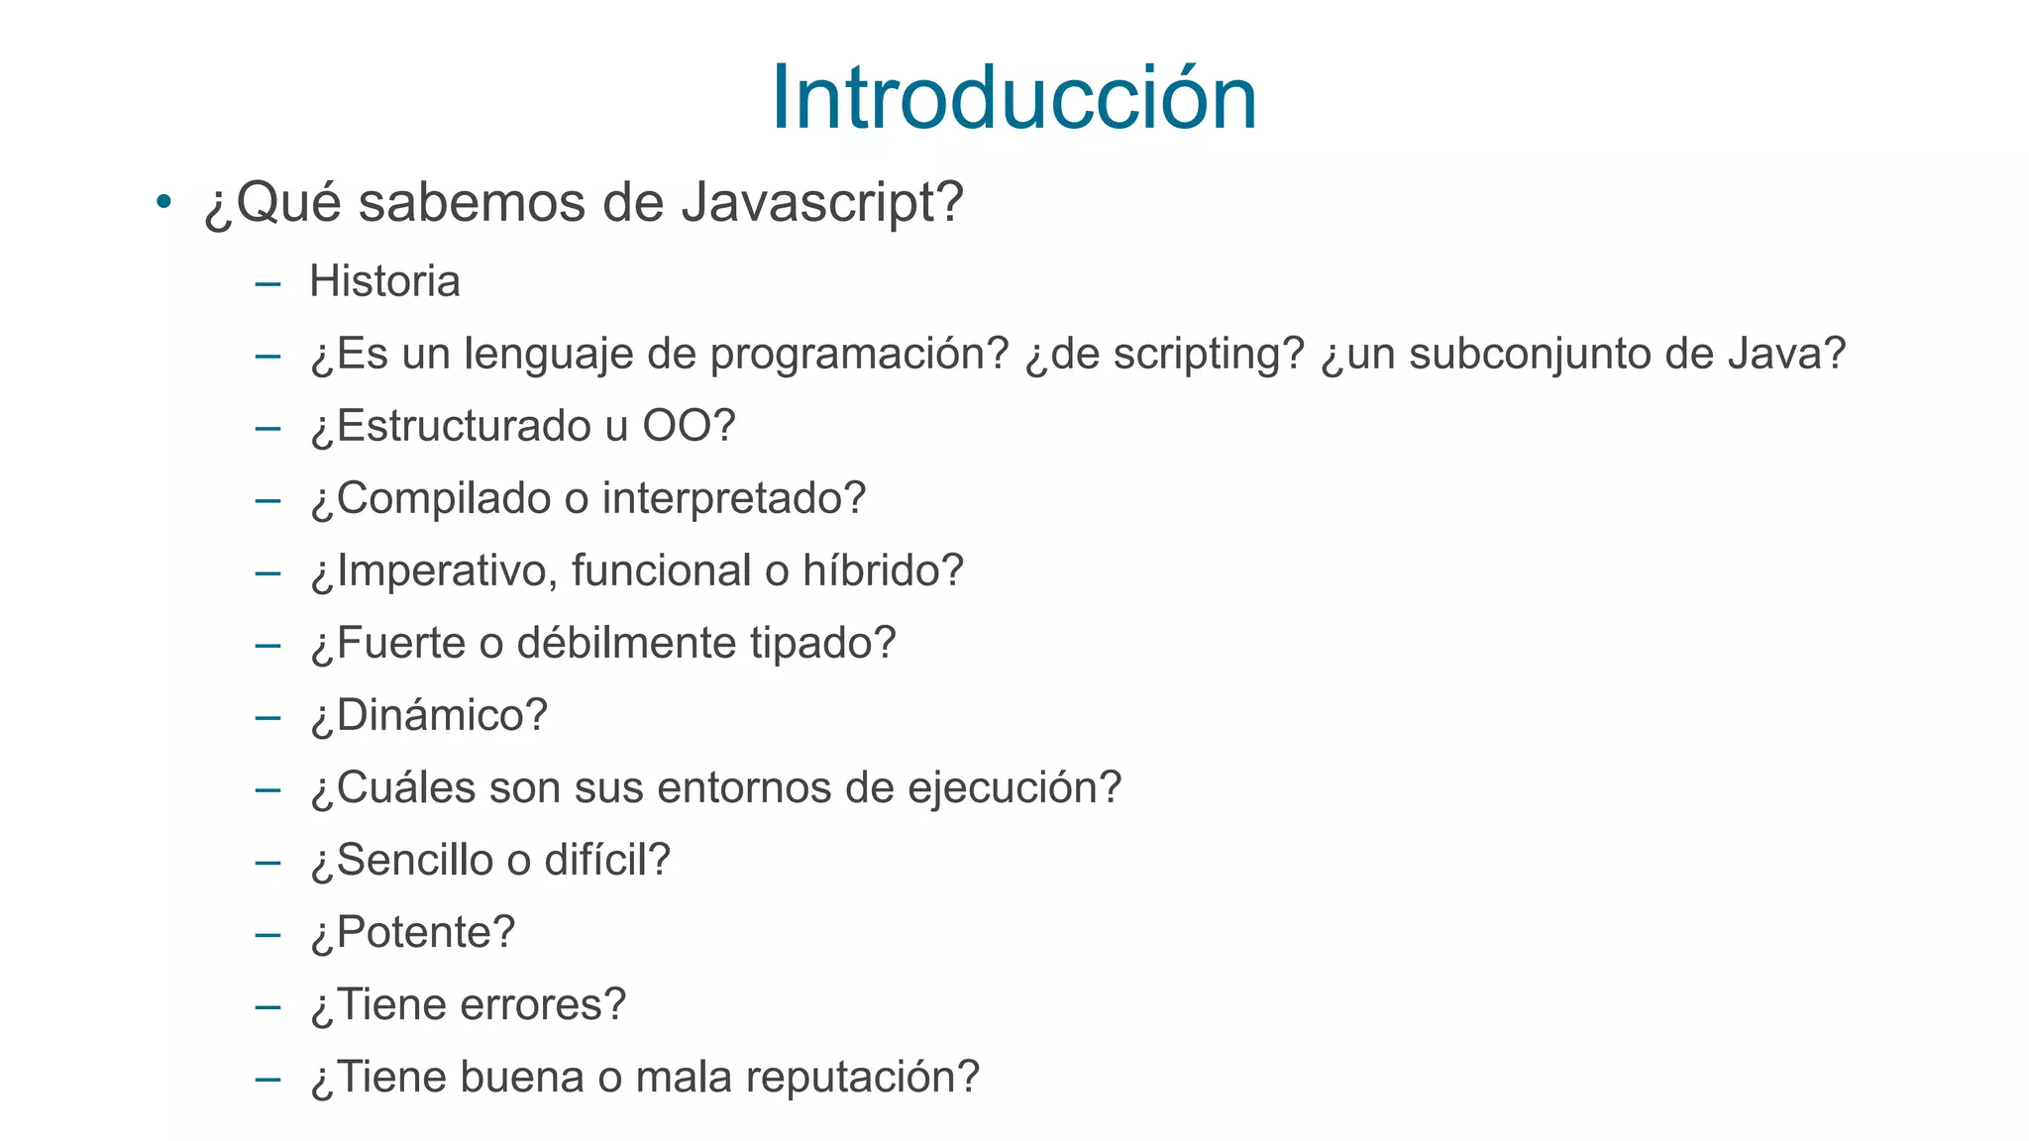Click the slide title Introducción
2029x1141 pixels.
pos(1014,97)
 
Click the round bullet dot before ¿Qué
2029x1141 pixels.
pos(163,202)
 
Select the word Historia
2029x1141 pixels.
pos(384,281)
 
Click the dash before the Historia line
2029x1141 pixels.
pos(267,284)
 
